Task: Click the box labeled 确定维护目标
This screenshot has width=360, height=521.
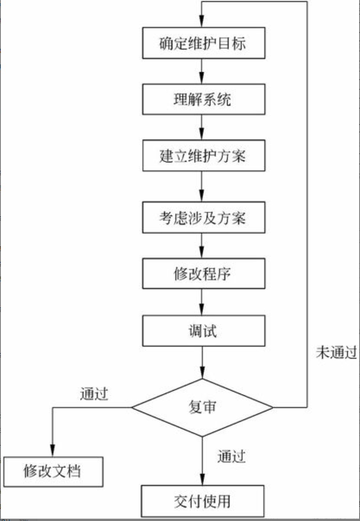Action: point(204,43)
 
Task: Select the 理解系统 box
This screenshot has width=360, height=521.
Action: point(204,99)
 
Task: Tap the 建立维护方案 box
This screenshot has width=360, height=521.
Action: point(204,156)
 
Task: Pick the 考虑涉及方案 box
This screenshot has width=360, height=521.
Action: point(204,218)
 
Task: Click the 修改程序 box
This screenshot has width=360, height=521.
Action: point(204,274)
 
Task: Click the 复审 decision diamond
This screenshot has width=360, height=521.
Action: point(202,408)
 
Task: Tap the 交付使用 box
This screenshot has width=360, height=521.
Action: point(202,501)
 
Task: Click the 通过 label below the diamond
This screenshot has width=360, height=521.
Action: point(231,456)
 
